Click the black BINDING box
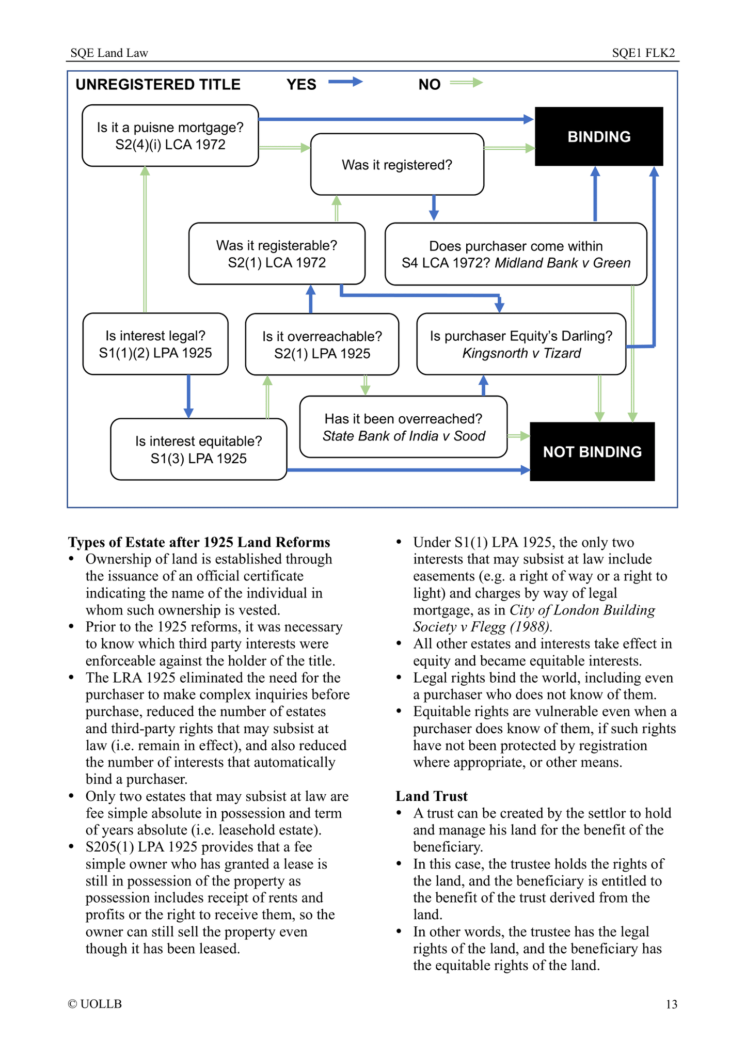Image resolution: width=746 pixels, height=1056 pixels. coord(598,136)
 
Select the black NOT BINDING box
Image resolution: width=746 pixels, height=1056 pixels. coord(592,451)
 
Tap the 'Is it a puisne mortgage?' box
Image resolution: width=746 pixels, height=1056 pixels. coord(170,135)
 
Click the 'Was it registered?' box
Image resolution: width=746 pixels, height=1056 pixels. coord(396,164)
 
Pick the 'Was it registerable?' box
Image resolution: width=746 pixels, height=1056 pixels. coord(276,254)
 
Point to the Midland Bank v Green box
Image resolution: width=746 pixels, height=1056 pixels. coord(515,254)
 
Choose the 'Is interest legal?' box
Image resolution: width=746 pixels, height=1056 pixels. coord(155,344)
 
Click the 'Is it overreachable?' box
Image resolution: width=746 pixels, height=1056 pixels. coord(322,344)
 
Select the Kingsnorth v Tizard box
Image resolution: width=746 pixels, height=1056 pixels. coord(521,344)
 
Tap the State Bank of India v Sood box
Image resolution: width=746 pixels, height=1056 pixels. coord(403,427)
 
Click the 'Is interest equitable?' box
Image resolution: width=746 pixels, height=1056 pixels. coord(198,449)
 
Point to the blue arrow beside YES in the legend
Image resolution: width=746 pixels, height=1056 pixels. coord(345,82)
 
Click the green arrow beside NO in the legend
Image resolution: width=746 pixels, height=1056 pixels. coord(466,82)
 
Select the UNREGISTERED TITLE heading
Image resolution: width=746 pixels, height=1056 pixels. coord(158,84)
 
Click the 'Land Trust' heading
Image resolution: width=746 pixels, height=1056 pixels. coord(431,796)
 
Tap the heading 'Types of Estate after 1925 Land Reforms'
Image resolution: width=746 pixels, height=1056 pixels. coord(199,542)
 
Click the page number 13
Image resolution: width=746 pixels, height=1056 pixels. coord(671,1004)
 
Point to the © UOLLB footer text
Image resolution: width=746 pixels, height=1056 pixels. coord(95,1004)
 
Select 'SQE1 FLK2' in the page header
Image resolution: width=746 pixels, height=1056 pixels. coord(643,53)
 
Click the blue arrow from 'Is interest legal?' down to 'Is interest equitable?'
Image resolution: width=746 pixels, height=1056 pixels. coord(188,396)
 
